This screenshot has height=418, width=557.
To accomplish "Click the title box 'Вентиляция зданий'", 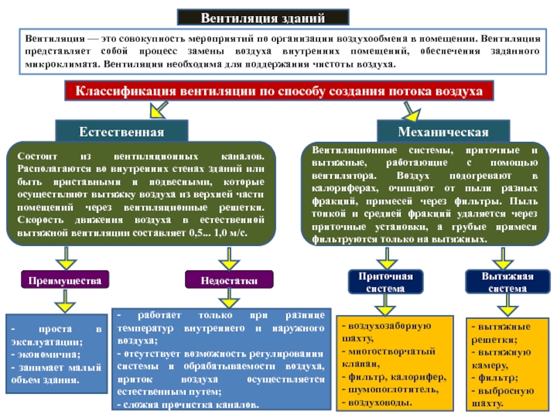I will click(x=262, y=17).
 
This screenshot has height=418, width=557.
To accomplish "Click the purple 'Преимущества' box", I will click(x=65, y=280).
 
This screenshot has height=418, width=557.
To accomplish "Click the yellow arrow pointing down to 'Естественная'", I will click(x=157, y=108).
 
